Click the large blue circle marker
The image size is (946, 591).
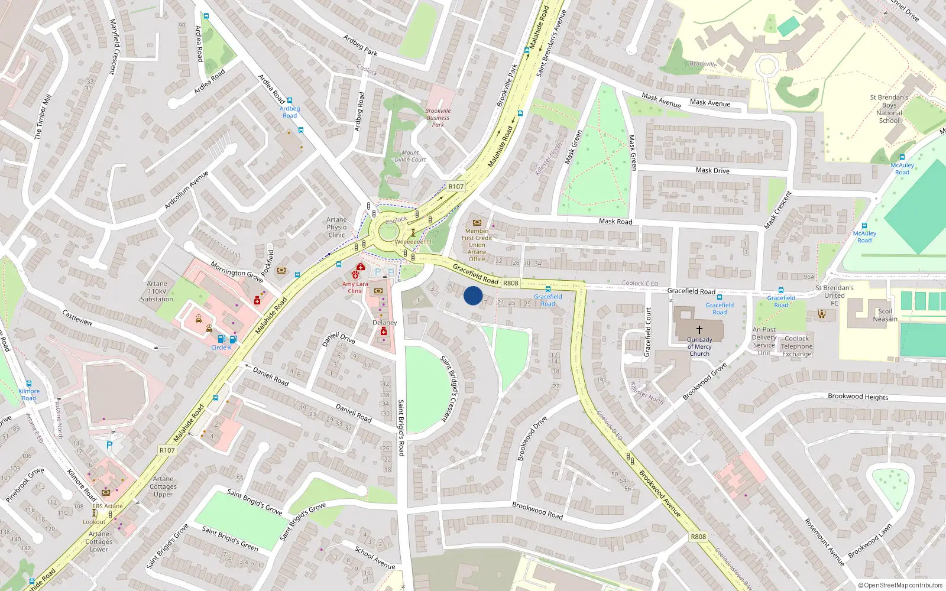click(473, 295)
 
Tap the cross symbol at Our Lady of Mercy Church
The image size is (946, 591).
click(699, 330)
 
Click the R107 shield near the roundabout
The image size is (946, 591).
click(456, 186)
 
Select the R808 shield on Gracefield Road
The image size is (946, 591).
click(510, 283)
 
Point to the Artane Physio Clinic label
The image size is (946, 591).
click(336, 227)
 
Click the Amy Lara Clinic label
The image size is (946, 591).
click(355, 287)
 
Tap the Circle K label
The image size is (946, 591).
click(221, 348)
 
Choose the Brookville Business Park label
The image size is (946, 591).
click(438, 118)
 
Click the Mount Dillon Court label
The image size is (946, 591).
click(410, 156)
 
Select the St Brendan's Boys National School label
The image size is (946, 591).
click(889, 109)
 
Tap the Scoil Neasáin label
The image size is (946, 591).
click(885, 315)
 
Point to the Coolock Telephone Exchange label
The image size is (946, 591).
click(796, 346)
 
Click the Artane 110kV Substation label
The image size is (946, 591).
click(157, 291)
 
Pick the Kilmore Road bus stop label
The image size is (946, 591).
click(29, 394)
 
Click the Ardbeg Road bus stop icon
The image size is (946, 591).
click(290, 100)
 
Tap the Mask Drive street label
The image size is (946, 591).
click(712, 170)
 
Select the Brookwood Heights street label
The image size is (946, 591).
click(857, 397)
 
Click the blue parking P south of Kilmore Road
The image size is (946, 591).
click(109, 445)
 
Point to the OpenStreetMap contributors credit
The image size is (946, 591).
click(900, 585)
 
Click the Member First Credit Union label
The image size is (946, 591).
click(477, 245)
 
